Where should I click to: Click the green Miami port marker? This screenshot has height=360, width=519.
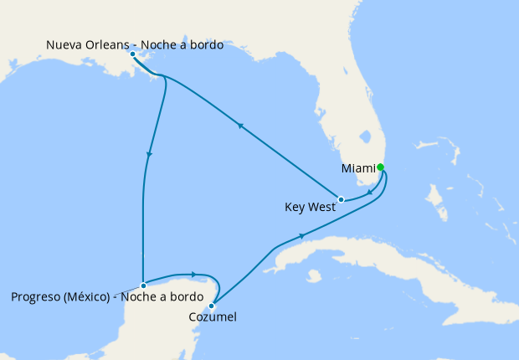tap(380, 167)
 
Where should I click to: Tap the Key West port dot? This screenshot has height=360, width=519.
tap(341, 199)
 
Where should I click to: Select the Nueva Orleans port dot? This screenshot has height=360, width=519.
tap(133, 54)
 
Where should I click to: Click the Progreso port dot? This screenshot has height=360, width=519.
tap(144, 285)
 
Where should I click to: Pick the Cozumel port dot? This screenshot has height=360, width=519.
tap(212, 306)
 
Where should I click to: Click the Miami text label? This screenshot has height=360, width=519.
tap(358, 169)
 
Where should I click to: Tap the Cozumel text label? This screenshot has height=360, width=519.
tap(213, 317)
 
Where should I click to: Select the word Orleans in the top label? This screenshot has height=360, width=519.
tap(110, 45)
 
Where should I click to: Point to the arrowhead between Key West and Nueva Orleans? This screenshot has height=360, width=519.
tap(240, 126)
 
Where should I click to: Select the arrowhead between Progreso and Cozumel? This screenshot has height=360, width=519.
tap(193, 274)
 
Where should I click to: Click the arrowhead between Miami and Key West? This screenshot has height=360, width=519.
tap(370, 192)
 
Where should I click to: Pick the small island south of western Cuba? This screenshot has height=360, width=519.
tap(314, 275)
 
